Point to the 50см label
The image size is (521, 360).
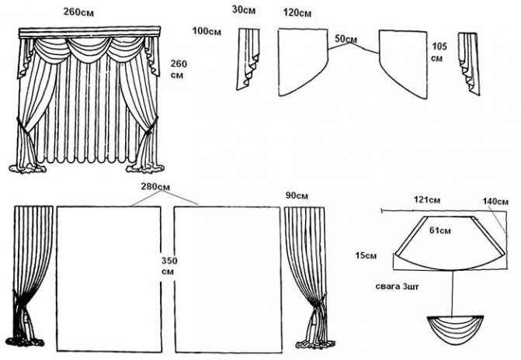[346, 39]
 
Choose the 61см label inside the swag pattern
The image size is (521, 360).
[441, 230]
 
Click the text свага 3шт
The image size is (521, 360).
[395, 286]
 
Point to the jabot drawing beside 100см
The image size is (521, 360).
[248, 58]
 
